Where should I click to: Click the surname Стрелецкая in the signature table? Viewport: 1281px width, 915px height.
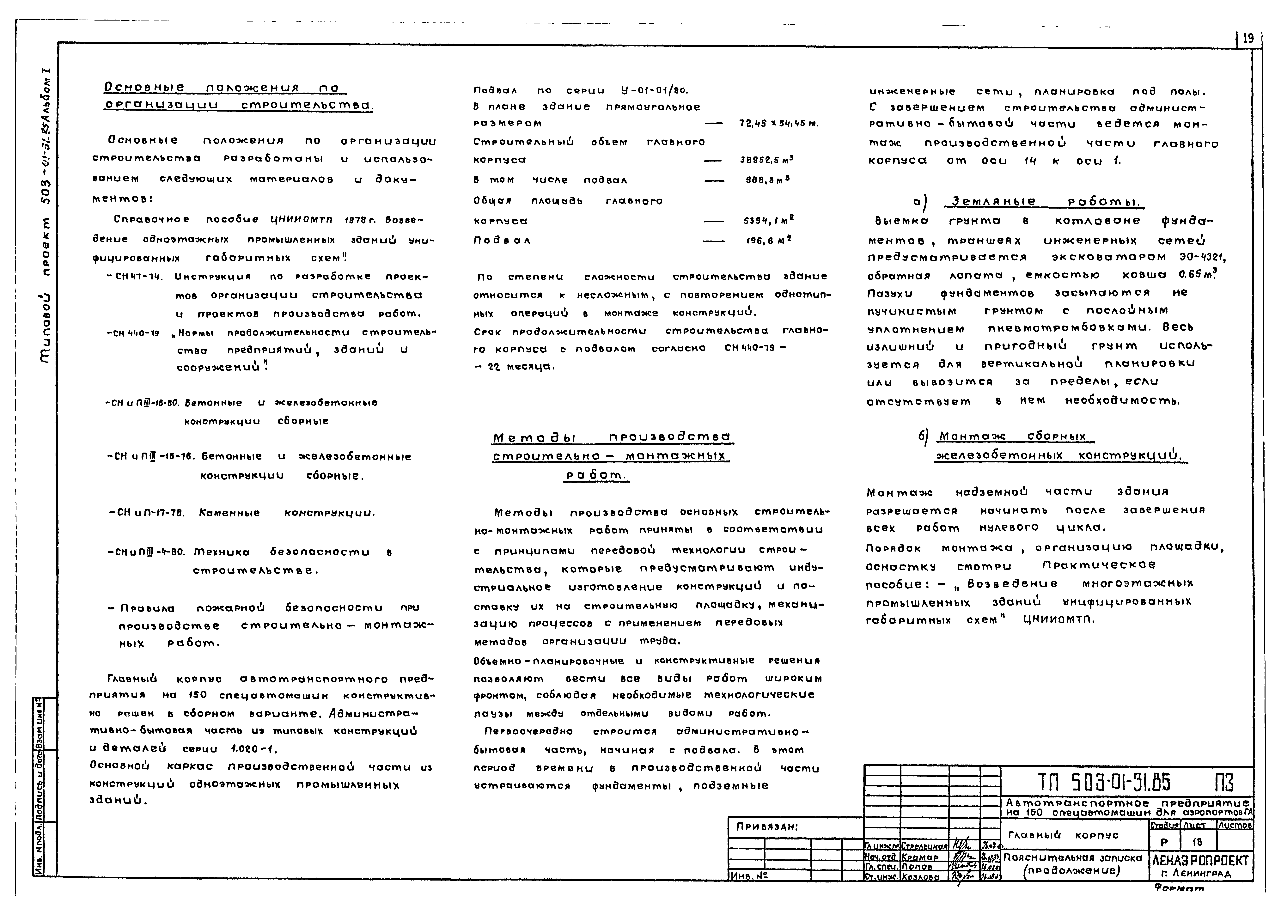924,846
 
